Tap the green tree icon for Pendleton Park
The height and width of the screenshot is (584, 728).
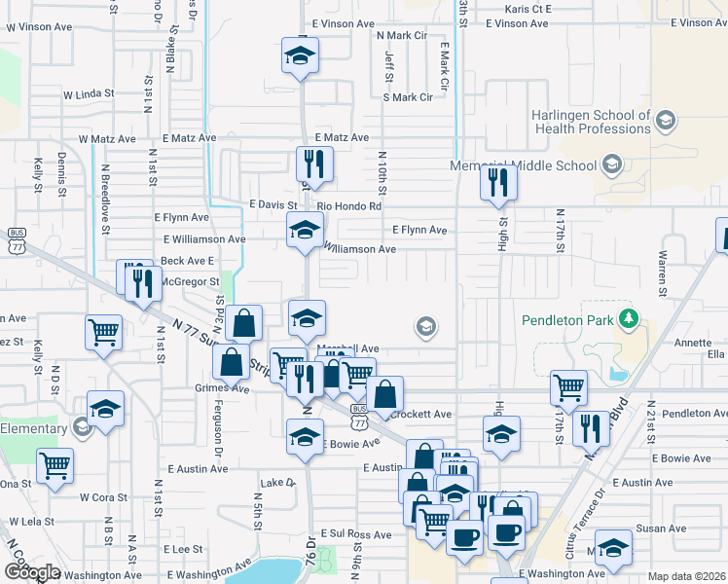(630, 318)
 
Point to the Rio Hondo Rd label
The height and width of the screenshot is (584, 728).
(349, 205)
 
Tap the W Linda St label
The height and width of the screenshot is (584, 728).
(89, 94)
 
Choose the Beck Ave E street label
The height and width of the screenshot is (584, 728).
(187, 261)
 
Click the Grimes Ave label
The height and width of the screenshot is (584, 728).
(222, 387)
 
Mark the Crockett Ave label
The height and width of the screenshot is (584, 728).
(420, 414)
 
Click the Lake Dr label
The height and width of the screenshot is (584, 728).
(277, 483)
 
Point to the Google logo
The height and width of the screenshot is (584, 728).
(32, 572)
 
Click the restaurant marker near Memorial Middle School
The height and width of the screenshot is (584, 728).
(498, 182)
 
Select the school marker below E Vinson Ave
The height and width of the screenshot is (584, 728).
(301, 56)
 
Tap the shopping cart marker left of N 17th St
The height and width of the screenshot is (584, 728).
(568, 387)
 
